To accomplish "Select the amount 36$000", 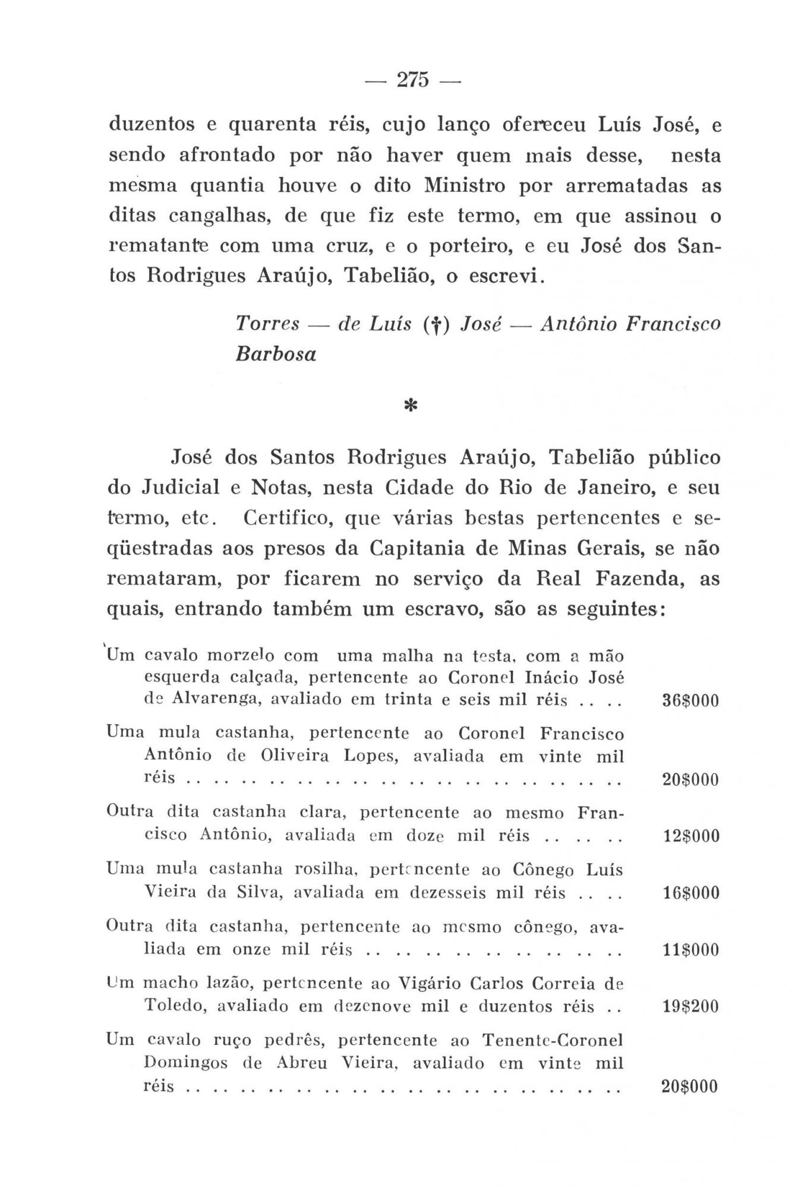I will click(x=690, y=701).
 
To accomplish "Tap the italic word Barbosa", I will click(x=276, y=355).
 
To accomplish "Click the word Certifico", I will click(x=286, y=518).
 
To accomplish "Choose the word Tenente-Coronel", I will click(x=553, y=1041).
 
